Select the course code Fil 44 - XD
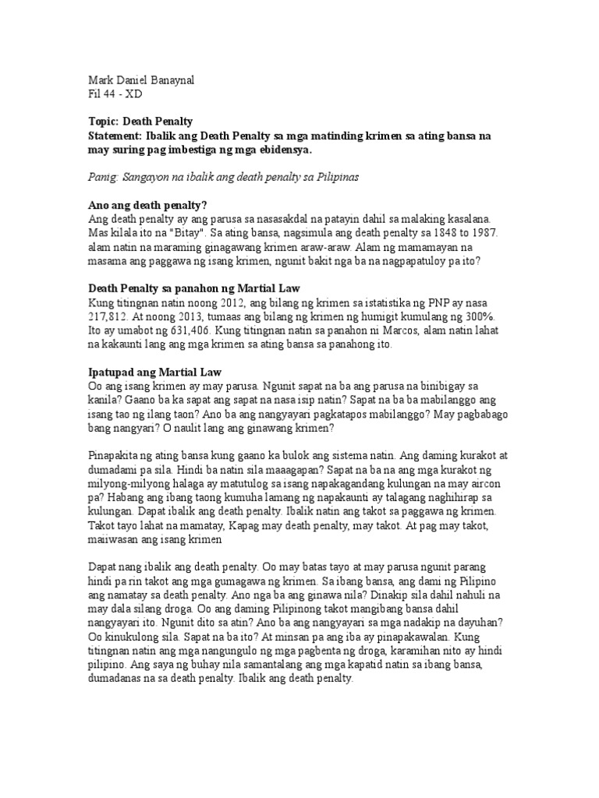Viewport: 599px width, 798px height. [x=116, y=94]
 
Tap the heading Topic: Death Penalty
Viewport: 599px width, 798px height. [x=140, y=122]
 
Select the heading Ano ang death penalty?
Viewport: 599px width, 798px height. [x=146, y=206]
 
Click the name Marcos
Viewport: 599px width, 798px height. [x=401, y=330]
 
